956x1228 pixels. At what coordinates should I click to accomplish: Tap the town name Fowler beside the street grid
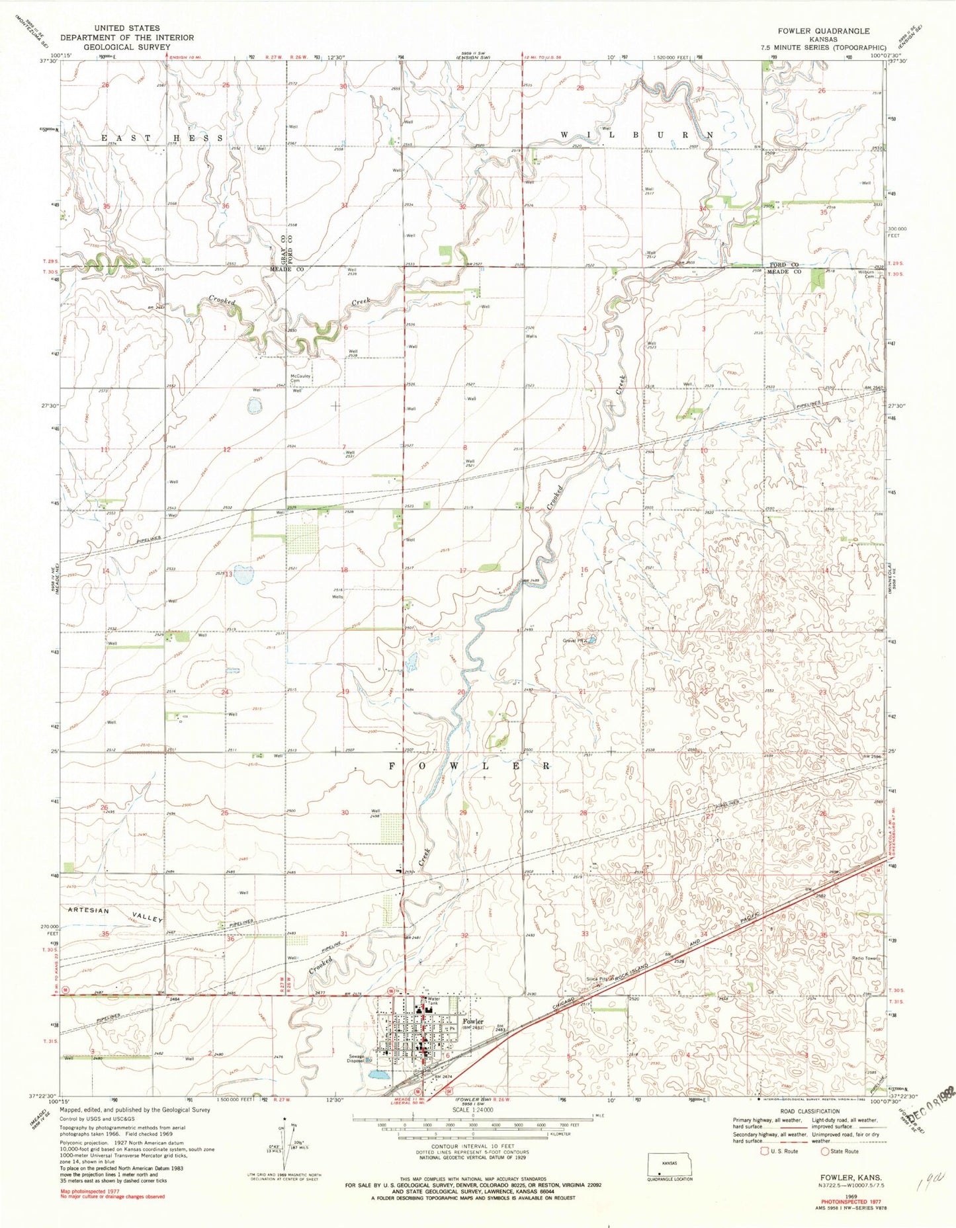click(x=473, y=1040)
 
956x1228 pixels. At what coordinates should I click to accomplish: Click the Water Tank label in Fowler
click(x=433, y=1001)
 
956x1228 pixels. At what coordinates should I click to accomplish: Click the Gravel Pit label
click(x=574, y=641)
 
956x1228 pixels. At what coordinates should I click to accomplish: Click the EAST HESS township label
click(x=162, y=138)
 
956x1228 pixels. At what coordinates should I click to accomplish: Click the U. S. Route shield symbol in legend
click(x=765, y=1151)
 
